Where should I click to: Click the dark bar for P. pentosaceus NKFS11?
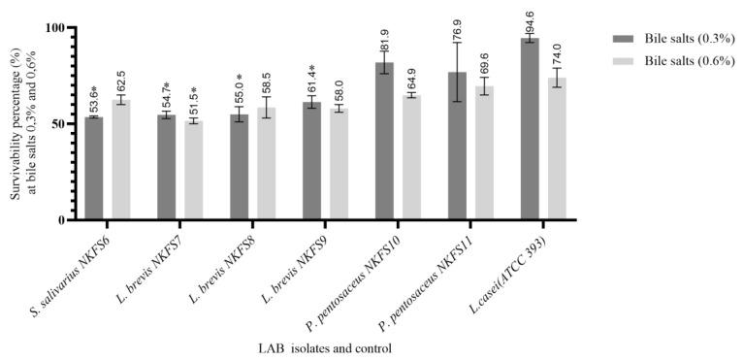pyautogui.click(x=457, y=146)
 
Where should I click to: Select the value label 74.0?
pyautogui.click(x=558, y=53)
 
